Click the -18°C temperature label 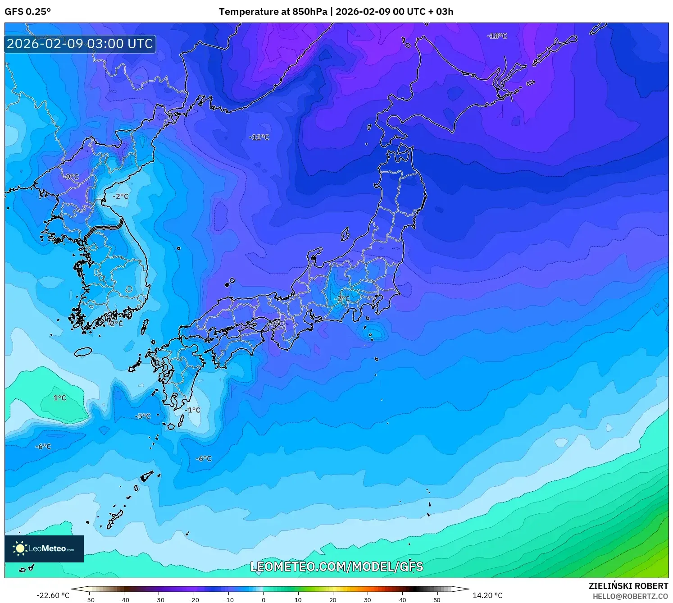click(497, 36)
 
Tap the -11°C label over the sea click(259, 137)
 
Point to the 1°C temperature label click(59, 398)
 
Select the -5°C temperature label click(143, 416)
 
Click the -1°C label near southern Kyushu click(192, 410)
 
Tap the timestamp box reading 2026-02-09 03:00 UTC click(80, 44)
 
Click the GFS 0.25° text click(28, 12)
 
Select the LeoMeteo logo click(44, 548)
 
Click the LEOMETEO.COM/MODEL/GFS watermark click(336, 566)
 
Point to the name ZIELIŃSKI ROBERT click(628, 586)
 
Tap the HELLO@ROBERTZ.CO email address click(630, 596)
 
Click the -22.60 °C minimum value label click(53, 595)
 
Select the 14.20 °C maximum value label click(487, 595)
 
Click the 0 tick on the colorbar click(264, 600)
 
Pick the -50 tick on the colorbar click(89, 600)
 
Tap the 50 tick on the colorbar click(437, 600)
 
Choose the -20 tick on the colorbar click(193, 600)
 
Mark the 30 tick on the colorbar click(368, 600)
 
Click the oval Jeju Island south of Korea click(83, 352)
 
